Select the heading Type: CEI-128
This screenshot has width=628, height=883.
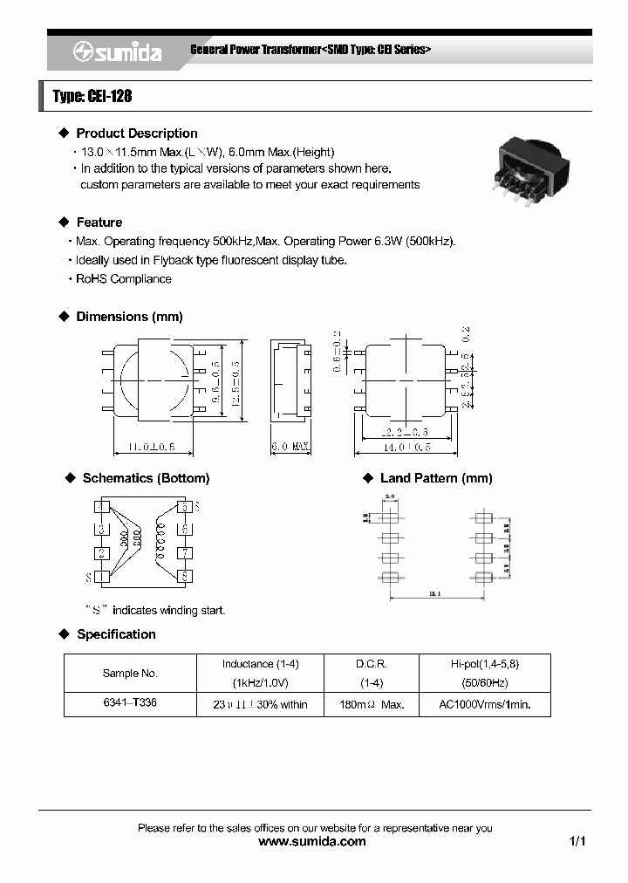tap(92, 96)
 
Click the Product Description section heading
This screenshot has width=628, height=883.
tap(136, 133)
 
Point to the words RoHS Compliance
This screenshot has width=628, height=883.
tap(124, 279)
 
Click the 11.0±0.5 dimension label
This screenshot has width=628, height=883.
tap(145, 447)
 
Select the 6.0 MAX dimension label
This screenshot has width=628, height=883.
tap(290, 447)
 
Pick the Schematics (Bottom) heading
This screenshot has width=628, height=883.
tap(146, 478)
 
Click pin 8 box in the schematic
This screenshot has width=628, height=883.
tap(184, 576)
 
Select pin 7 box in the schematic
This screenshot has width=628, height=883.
tap(184, 553)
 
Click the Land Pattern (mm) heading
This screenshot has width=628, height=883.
tap(436, 478)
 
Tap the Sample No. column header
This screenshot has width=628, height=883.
tap(130, 673)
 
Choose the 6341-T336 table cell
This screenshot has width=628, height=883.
tap(130, 703)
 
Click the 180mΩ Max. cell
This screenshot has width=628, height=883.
tap(372, 704)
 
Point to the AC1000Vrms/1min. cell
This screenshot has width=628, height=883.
tap(484, 704)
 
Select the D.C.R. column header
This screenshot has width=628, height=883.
tap(372, 664)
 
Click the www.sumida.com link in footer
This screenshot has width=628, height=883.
tap(313, 842)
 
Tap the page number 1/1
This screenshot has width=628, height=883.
tap(577, 842)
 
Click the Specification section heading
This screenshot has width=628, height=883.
tap(116, 634)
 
